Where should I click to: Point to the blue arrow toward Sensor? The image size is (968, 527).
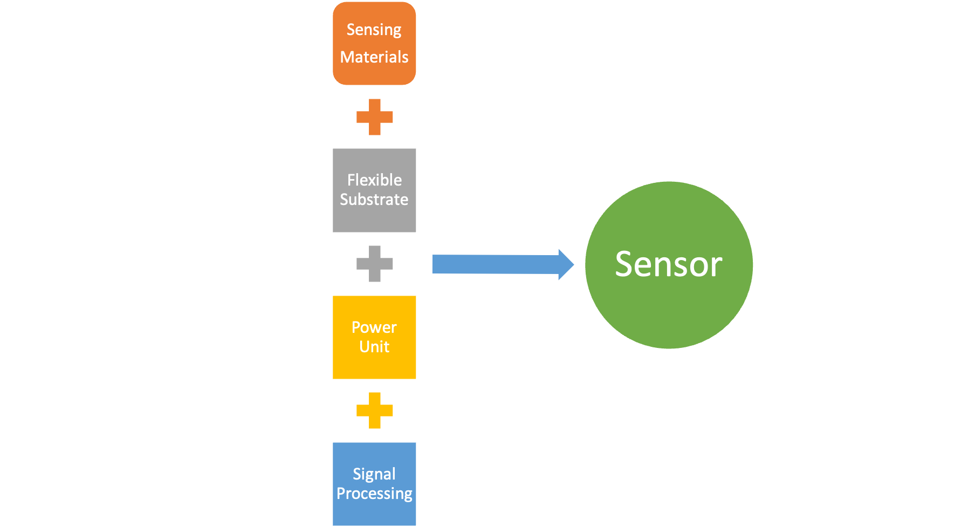click(496, 264)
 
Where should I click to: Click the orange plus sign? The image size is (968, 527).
click(375, 117)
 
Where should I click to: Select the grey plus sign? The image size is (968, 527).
click(375, 264)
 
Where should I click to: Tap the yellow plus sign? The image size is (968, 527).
click(375, 410)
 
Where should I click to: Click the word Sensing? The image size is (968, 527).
click(374, 30)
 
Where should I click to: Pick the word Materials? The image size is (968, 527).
click(374, 57)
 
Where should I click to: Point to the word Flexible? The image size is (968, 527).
click(374, 180)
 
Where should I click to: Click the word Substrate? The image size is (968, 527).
click(374, 200)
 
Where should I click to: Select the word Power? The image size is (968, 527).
click(374, 327)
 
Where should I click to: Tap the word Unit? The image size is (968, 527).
click(374, 347)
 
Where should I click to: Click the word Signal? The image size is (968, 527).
click(374, 474)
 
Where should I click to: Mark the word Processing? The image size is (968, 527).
click(374, 494)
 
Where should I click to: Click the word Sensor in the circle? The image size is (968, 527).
click(669, 264)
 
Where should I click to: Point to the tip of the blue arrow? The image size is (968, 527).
click(573, 264)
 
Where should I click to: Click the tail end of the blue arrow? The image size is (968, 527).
click(435, 264)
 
